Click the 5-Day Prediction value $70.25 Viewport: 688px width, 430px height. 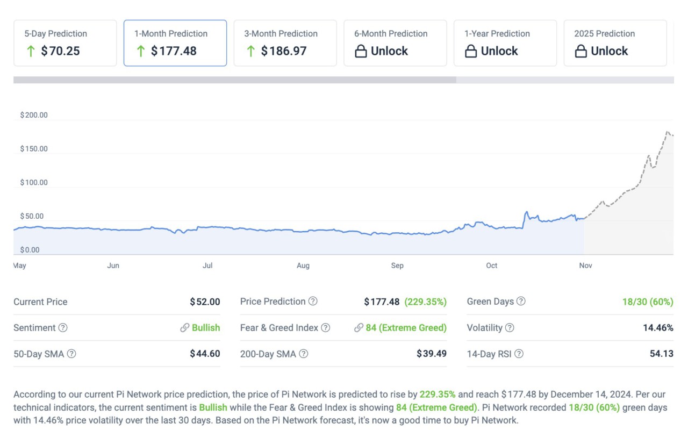click(x=60, y=51)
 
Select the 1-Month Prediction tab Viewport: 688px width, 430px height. click(x=175, y=43)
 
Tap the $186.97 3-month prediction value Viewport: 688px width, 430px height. click(x=283, y=51)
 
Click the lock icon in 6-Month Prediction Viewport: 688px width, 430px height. click(x=361, y=52)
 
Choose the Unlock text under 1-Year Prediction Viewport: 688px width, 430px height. click(x=499, y=51)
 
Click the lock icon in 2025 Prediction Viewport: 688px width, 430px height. click(x=580, y=52)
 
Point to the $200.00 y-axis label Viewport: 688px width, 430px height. click(x=34, y=115)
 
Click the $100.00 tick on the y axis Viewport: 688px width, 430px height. click(x=34, y=183)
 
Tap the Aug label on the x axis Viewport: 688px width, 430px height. click(x=303, y=266)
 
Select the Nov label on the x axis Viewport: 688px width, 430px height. click(x=585, y=266)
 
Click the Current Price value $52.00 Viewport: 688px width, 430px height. click(x=205, y=302)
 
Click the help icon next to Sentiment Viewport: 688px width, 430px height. click(x=63, y=328)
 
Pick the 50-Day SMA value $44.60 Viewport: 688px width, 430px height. click(x=205, y=354)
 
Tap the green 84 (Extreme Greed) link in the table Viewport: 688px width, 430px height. click(x=406, y=328)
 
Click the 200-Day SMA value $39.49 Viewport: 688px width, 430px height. click(x=432, y=354)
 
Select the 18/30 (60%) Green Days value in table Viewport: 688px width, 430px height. click(x=648, y=302)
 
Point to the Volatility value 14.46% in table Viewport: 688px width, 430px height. click(x=658, y=328)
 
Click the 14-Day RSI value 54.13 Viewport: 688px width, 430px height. click(x=661, y=354)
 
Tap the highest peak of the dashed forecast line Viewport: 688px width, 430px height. click(x=668, y=132)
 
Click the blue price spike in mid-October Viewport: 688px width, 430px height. click(x=527, y=212)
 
